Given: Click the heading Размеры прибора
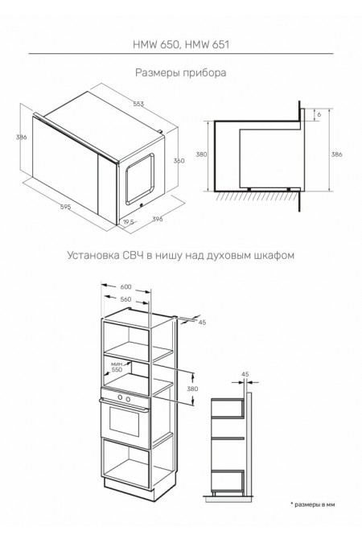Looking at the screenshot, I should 181,72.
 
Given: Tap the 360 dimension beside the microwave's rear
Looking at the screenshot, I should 179,160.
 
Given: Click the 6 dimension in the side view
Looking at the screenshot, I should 319,116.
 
